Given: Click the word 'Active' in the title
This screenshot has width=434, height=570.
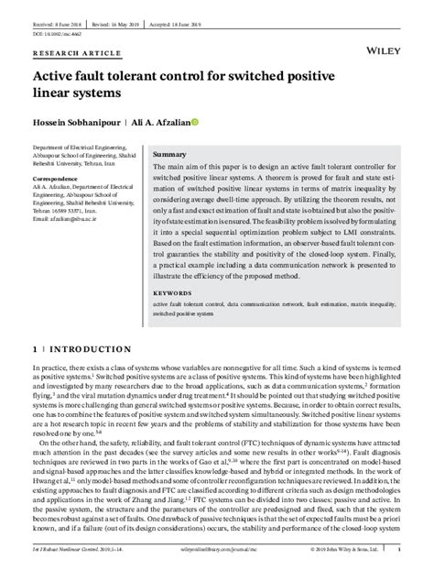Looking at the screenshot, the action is [x=58, y=76].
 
